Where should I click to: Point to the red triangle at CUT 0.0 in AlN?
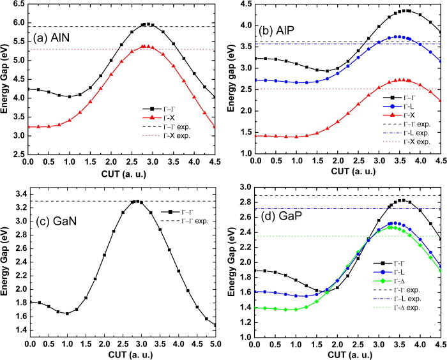(29, 127)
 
